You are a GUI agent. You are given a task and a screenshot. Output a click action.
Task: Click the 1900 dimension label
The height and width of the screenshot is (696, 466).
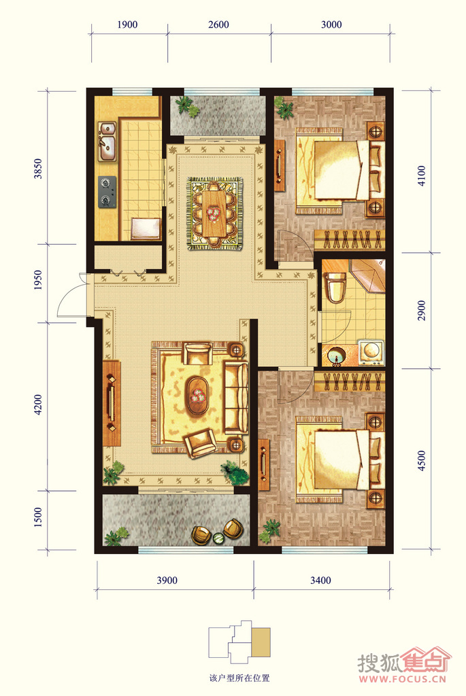coord(127,24)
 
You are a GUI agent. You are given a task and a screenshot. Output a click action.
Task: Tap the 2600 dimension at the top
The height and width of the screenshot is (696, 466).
coord(218,24)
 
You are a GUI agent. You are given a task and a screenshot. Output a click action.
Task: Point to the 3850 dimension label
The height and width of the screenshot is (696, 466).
coord(38,169)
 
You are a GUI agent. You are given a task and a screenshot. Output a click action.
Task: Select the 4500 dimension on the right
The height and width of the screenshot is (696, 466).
coord(421,461)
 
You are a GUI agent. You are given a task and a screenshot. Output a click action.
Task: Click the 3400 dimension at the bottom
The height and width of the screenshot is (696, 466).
coord(320,580)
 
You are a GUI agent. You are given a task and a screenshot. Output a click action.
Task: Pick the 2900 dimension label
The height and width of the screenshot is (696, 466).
coord(421,311)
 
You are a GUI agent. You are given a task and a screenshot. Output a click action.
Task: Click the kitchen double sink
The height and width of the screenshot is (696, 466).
coord(107,141)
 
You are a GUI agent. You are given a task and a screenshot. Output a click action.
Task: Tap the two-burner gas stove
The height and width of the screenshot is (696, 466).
coord(107,192)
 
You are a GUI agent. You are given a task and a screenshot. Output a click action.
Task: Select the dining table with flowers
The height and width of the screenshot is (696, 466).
coord(215,213)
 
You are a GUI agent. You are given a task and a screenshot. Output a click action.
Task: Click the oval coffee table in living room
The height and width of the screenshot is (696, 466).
coord(198,395)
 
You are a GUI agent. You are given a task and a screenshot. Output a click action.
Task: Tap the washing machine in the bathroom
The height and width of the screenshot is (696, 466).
coord(371,353)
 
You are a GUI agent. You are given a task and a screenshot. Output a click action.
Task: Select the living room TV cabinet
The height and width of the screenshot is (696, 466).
coord(112,403)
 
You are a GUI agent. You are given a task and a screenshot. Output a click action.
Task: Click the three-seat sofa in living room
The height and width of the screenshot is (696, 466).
coord(236,397)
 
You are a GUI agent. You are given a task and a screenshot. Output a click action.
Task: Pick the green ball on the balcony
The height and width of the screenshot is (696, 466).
coord(218,538)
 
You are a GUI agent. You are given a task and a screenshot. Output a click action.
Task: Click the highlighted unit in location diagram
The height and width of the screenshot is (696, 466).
coord(261,642)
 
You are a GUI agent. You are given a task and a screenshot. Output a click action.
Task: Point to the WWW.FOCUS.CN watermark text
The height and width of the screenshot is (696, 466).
coord(402,679)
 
